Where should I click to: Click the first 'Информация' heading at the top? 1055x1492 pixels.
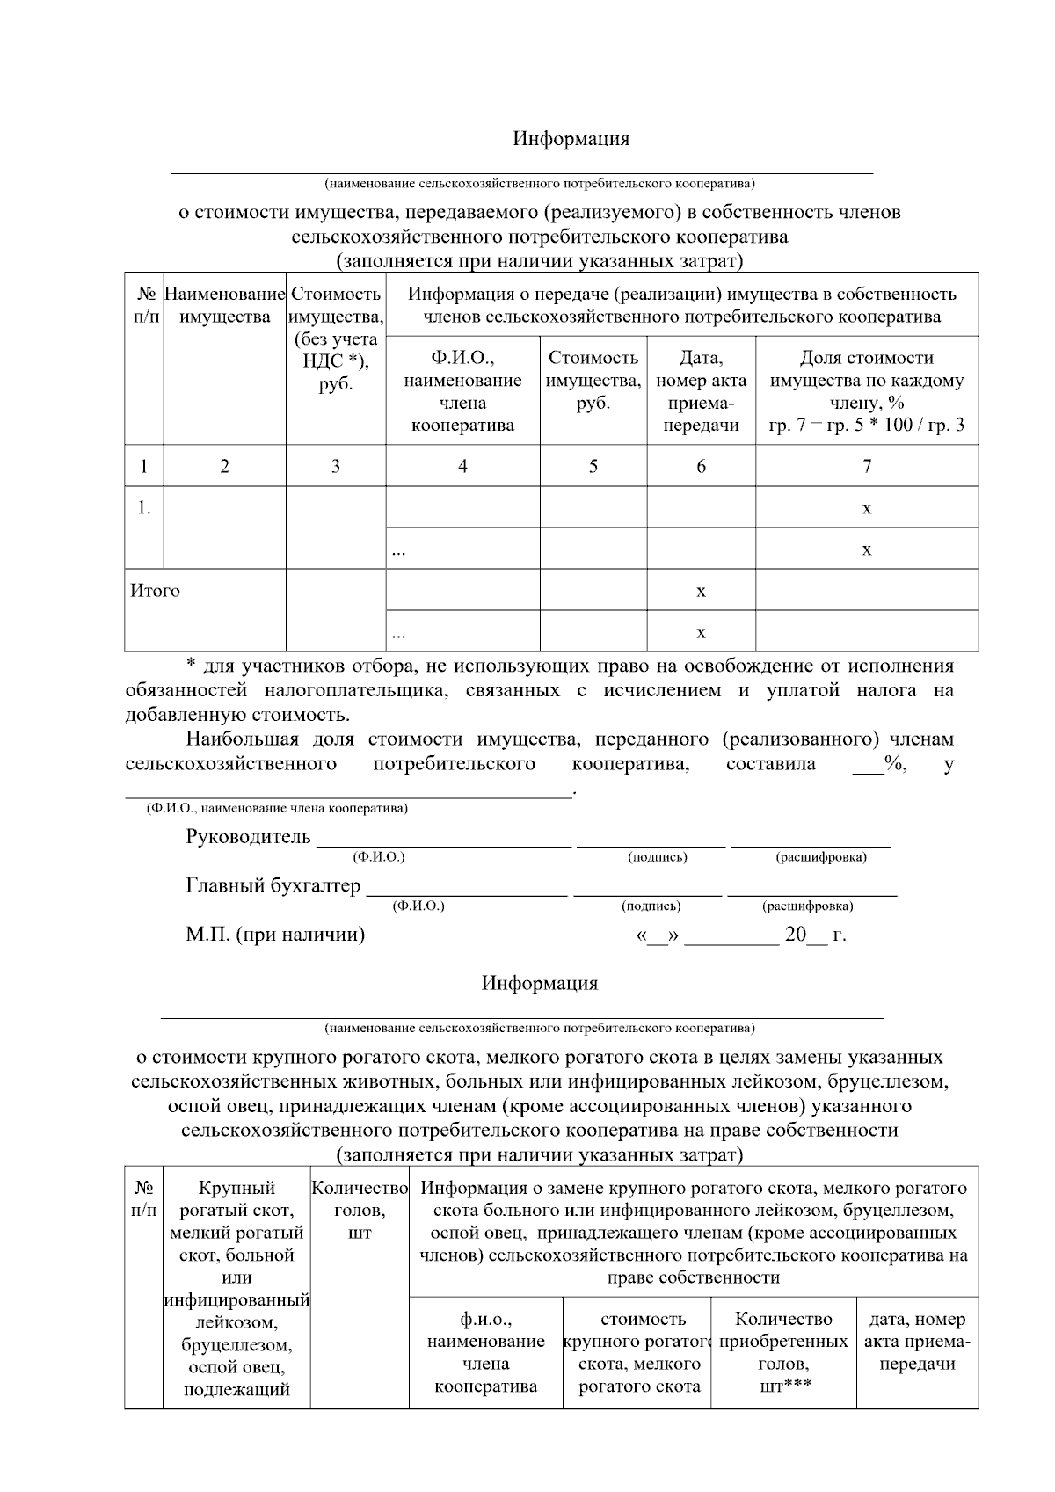click(x=571, y=139)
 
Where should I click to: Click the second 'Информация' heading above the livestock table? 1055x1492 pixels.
click(x=539, y=983)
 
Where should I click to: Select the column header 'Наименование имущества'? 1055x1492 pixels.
click(x=225, y=305)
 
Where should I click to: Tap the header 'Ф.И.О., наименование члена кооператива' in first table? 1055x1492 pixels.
click(x=462, y=391)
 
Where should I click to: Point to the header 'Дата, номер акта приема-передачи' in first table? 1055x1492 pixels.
click(x=701, y=391)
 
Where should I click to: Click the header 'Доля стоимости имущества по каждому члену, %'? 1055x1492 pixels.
click(x=866, y=391)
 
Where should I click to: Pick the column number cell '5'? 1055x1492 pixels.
click(x=593, y=466)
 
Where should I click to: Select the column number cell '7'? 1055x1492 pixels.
click(x=866, y=466)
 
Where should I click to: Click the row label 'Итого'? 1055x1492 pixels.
click(x=155, y=591)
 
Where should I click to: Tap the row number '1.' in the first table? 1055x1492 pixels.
click(x=144, y=507)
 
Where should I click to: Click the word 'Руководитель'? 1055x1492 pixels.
click(x=248, y=836)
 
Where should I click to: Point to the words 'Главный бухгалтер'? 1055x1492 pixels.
click(x=273, y=885)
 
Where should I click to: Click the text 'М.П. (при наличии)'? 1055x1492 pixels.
click(x=274, y=934)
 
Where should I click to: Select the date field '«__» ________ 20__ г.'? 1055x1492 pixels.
click(x=740, y=935)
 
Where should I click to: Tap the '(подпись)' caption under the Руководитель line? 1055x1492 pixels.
click(x=657, y=857)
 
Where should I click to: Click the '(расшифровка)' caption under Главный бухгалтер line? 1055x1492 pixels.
click(x=807, y=906)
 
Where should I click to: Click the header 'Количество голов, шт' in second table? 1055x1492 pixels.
click(x=360, y=1210)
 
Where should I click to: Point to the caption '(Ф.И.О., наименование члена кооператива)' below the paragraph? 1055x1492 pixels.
click(x=277, y=808)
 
